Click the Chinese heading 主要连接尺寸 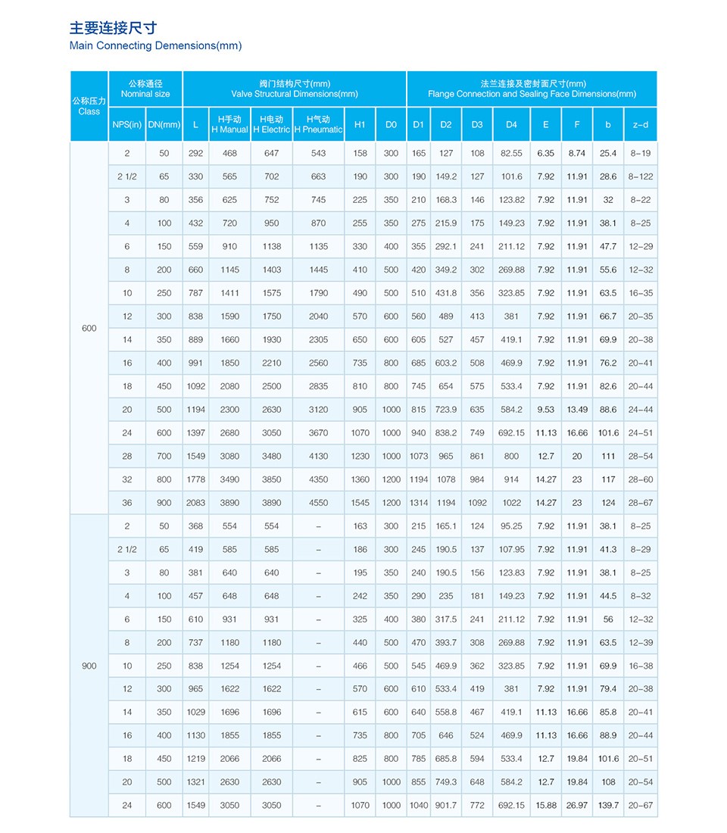click(113, 28)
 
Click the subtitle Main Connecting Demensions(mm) click(155, 45)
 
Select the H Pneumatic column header click(318, 124)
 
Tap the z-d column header click(640, 124)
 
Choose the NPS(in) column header click(126, 124)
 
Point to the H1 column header click(360, 124)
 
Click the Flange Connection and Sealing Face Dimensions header click(532, 89)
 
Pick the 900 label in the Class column click(89, 666)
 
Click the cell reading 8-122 click(640, 176)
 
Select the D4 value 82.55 click(511, 153)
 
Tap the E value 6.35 click(545, 153)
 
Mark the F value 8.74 click(577, 153)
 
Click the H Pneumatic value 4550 click(318, 503)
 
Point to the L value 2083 click(195, 503)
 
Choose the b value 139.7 click(608, 805)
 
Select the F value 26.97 click(577, 805)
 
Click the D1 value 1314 click(418, 503)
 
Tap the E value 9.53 click(545, 410)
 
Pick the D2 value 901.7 click(446, 805)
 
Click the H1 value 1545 click(360, 503)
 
